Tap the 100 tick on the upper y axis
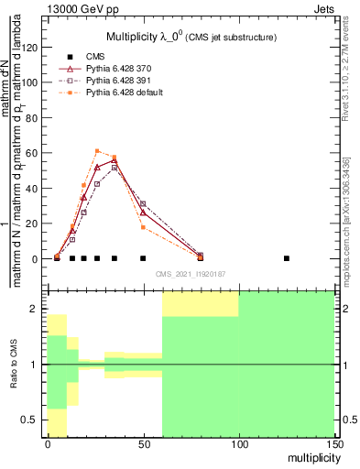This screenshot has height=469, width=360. point(29,82)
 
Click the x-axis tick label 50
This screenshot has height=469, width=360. point(143,444)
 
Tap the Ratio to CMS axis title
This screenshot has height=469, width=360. point(13,365)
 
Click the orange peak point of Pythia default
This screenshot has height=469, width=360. point(97,150)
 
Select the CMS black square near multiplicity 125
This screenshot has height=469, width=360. point(287,258)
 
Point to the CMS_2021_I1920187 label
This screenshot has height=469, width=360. point(191,274)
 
